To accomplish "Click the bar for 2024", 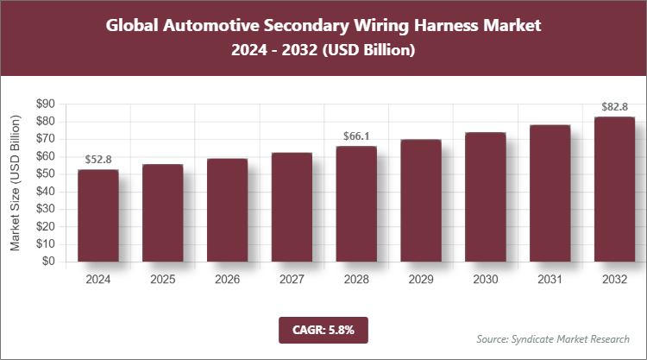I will click(x=98, y=216).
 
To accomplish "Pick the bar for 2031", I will click(x=550, y=193).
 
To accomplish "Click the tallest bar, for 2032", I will click(x=614, y=189).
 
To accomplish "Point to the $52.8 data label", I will click(x=98, y=160).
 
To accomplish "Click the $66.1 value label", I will click(x=356, y=136).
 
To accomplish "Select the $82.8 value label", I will click(x=614, y=108).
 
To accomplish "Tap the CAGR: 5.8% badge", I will click(x=323, y=329).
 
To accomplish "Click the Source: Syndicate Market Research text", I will click(x=553, y=338).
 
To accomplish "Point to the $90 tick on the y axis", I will click(x=45, y=104).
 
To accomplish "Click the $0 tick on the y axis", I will click(x=48, y=262).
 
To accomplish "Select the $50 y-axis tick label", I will click(x=45, y=174).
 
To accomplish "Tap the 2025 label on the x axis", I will click(x=163, y=280).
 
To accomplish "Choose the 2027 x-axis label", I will click(x=292, y=280).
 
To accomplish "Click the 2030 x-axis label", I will click(x=485, y=280).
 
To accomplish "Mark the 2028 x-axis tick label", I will click(x=356, y=280).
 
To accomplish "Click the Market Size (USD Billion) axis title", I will click(x=15, y=183).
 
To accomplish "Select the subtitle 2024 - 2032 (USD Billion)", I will click(x=323, y=51).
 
